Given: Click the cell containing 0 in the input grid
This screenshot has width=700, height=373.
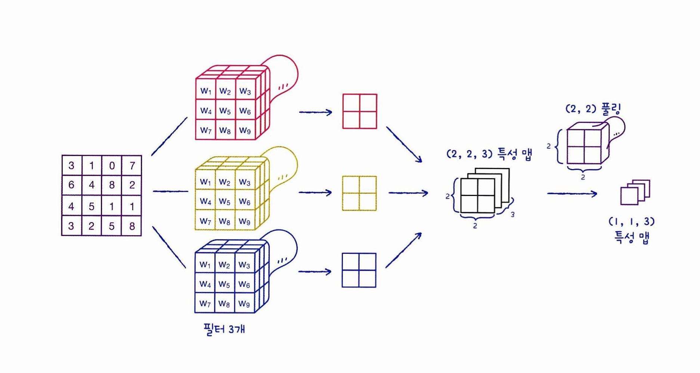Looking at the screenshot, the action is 112,165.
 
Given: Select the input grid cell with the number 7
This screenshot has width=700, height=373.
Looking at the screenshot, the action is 132,165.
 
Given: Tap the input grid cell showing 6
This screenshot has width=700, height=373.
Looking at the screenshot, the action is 71,185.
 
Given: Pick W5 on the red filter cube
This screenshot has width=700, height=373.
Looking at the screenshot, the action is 225,111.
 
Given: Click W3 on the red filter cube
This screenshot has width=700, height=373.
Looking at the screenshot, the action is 245,91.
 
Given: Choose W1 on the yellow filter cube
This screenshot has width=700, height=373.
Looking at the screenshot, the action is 205,182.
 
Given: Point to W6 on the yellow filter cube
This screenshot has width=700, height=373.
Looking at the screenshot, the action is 245,202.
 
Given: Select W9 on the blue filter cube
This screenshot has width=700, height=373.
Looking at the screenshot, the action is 244,304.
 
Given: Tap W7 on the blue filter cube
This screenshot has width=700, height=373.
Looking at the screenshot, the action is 205,304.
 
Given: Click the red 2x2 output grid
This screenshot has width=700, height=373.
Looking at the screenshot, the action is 360,111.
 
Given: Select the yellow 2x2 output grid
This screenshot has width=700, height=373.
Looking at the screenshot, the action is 359,193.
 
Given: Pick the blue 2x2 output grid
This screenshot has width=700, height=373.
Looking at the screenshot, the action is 359,270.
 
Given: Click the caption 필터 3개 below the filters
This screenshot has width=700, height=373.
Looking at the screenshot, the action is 224,329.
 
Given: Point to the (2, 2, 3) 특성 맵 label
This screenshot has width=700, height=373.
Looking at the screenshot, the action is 489,154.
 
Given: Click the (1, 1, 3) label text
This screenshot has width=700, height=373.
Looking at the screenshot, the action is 632,222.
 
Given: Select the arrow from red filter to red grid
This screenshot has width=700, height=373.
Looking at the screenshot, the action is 316,112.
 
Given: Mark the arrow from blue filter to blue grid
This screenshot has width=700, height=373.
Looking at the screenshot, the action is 315,271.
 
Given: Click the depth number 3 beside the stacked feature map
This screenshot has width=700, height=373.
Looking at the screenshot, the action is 512,215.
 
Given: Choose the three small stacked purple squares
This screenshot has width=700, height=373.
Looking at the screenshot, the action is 635,192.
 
